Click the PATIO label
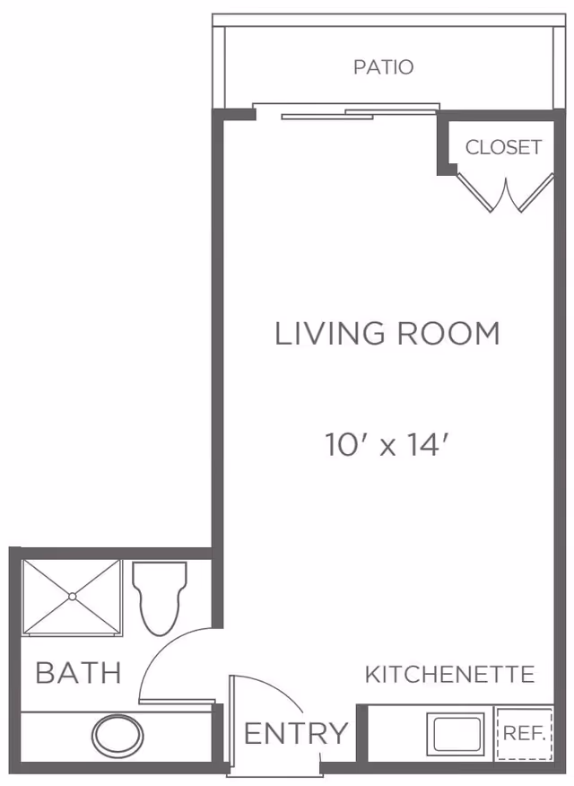pos(383,67)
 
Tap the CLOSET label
pos(503,147)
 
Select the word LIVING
pos(328,334)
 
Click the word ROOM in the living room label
pos(447,334)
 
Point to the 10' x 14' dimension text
pos(386,444)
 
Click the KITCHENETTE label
pos(449,675)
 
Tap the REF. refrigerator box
pos(523,732)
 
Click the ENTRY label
pos(295,734)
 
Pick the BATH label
pos(78,673)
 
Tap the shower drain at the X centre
pos(71,597)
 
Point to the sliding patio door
pos(346,112)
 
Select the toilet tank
pos(160,572)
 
